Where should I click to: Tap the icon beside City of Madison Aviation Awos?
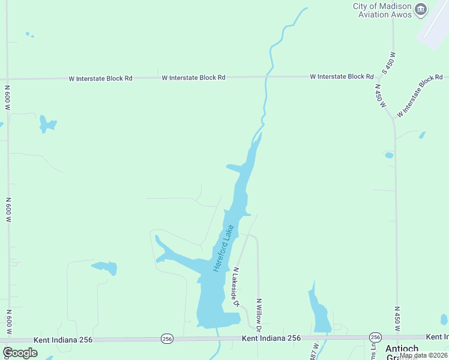[421, 9]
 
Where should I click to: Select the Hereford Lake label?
[223, 248]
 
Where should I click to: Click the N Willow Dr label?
[259, 314]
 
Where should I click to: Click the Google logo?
[20, 353]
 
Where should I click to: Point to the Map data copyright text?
[423, 355]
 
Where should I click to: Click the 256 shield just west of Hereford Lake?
[167, 339]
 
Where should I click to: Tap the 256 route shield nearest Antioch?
[376, 338]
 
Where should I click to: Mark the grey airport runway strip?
[433, 25]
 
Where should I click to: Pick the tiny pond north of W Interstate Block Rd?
[28, 34]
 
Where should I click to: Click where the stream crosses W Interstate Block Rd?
[266, 77]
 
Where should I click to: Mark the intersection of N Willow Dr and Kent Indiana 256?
[259, 338]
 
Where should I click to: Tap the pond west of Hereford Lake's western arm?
[105, 267]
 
